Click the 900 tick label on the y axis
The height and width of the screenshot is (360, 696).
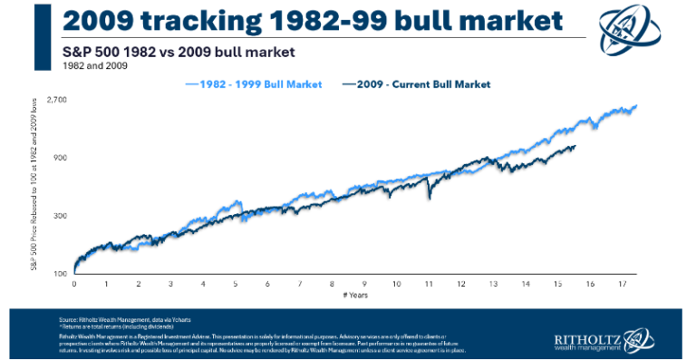60,158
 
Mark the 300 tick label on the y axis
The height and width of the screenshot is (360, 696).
60,216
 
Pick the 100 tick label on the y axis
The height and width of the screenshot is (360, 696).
60,274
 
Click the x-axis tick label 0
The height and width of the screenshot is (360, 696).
73,284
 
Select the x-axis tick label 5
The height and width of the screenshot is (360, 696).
235,284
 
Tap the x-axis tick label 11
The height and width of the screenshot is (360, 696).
430,284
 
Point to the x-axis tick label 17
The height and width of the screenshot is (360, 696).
623,284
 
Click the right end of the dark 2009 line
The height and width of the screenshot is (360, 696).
575,147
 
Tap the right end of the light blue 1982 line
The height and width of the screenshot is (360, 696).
636,106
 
